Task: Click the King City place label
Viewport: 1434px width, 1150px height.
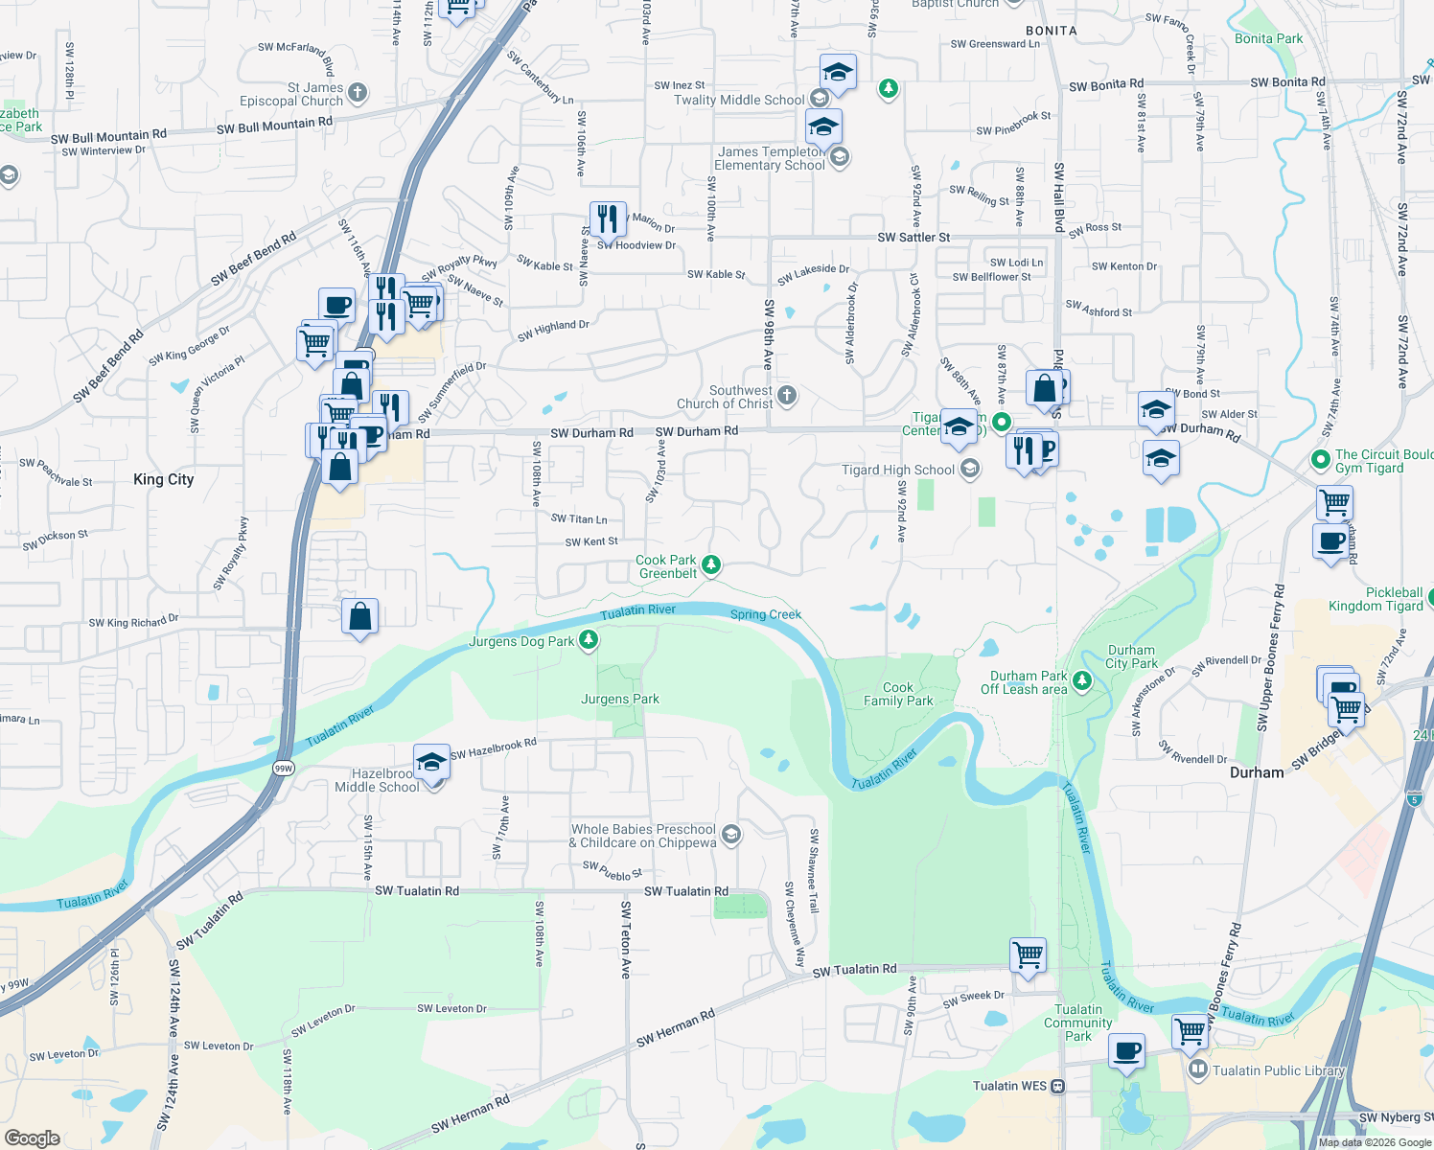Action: click(x=163, y=479)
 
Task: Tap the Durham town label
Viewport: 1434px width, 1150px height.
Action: click(x=1256, y=772)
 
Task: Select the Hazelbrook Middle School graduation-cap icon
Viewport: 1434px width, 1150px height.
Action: click(x=431, y=762)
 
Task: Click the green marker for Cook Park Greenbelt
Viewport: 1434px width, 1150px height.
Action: click(x=711, y=564)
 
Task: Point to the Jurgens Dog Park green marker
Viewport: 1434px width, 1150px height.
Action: click(x=589, y=639)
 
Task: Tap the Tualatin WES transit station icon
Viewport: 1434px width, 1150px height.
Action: click(x=1058, y=1086)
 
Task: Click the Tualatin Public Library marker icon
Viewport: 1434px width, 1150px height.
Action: click(x=1196, y=1069)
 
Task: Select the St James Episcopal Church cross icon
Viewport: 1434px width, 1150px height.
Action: click(x=358, y=93)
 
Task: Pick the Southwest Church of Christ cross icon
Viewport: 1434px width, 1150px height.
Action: click(x=786, y=395)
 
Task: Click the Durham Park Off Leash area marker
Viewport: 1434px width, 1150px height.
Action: click(x=1082, y=680)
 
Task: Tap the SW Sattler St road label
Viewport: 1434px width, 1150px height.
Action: click(x=914, y=237)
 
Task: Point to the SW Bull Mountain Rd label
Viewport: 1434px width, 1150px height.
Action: click(x=274, y=125)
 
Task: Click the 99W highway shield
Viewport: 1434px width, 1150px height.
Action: click(x=283, y=768)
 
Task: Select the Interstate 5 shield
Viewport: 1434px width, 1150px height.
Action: click(x=1415, y=798)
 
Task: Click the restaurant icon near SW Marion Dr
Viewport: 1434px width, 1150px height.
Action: click(x=608, y=219)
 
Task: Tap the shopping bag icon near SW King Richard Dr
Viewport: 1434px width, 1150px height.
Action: click(x=359, y=617)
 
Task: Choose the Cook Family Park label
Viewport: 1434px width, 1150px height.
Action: click(x=897, y=694)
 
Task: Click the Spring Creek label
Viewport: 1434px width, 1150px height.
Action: click(x=765, y=614)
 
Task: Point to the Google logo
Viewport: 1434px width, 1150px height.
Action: click(x=33, y=1138)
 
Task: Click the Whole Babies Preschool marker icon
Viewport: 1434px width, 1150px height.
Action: click(x=730, y=835)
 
